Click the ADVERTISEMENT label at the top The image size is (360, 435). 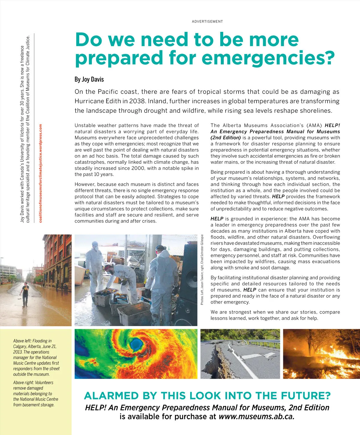[207, 22]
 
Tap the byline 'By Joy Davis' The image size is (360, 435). [89, 79]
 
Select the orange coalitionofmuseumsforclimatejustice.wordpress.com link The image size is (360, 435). [41, 173]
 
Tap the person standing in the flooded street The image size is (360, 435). [25, 294]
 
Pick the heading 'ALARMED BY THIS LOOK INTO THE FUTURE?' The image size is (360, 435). [207, 396]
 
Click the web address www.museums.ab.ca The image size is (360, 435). [256, 417]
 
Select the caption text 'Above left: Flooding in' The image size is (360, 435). [32, 341]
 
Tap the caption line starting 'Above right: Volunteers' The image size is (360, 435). [33, 382]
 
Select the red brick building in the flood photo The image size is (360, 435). [57, 258]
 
